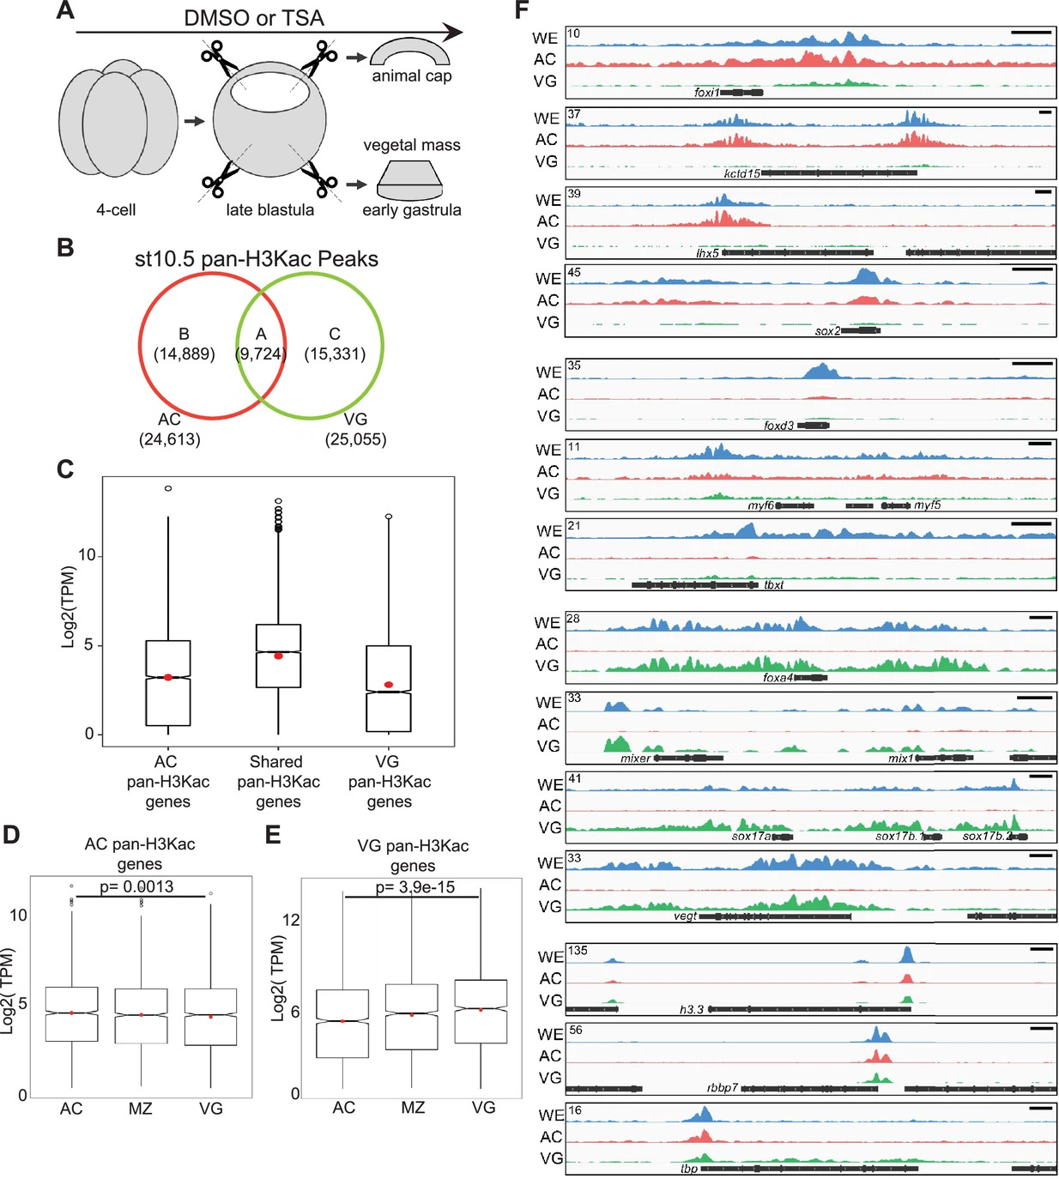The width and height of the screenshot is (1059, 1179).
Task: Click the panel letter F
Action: (x=522, y=10)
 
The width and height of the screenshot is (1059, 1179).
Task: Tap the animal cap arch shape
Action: (x=410, y=51)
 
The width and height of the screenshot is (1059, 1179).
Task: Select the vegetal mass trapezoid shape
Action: (x=410, y=180)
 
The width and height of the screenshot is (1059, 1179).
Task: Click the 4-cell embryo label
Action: (x=116, y=210)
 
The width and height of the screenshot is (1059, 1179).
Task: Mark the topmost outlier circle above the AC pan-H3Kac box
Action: (x=168, y=488)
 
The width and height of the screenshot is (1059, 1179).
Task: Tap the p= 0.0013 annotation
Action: (x=136, y=886)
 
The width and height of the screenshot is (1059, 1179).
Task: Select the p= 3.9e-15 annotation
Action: (x=415, y=887)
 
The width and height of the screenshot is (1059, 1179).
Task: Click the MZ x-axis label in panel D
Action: (x=140, y=1109)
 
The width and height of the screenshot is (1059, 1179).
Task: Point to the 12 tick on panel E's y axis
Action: (x=291, y=920)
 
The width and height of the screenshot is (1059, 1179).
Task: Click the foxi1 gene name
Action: (x=706, y=93)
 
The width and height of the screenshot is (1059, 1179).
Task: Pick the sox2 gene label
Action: (x=827, y=331)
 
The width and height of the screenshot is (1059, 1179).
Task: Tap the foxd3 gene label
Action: (x=778, y=426)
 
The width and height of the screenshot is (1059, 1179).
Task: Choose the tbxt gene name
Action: (x=774, y=585)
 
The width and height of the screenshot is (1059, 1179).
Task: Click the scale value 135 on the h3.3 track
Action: (x=578, y=951)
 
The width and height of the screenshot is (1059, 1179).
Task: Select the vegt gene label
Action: (x=685, y=916)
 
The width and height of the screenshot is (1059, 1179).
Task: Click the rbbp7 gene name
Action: (x=723, y=1088)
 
